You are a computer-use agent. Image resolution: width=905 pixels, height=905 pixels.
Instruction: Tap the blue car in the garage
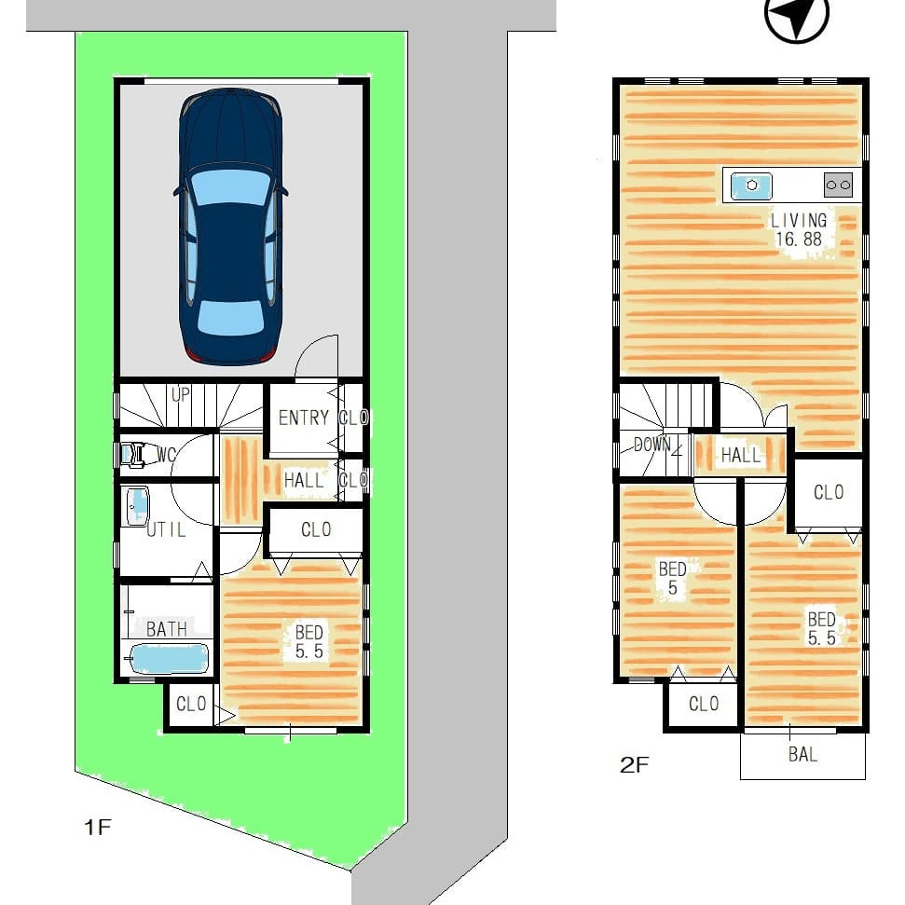pyautogui.click(x=231, y=226)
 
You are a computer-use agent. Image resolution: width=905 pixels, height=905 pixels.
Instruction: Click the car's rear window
pyautogui.click(x=230, y=318)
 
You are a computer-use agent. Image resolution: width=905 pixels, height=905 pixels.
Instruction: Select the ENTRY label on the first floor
pyautogui.click(x=304, y=418)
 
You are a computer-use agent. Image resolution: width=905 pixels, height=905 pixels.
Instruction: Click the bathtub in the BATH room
pyautogui.click(x=169, y=659)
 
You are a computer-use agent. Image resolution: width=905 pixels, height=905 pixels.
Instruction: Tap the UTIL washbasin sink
pyautogui.click(x=137, y=506)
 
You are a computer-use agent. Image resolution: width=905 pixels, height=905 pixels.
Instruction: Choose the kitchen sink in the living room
pyautogui.click(x=751, y=185)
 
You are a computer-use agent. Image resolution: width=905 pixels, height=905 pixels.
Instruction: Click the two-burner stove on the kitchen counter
pyautogui.click(x=838, y=185)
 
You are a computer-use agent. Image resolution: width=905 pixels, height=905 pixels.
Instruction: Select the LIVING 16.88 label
pyautogui.click(x=799, y=229)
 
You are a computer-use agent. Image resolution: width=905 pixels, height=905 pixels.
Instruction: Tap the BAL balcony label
pyautogui.click(x=802, y=754)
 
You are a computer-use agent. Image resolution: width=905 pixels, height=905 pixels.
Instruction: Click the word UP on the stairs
pyautogui.click(x=180, y=395)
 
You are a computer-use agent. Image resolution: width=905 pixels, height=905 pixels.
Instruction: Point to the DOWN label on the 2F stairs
pyautogui.click(x=652, y=444)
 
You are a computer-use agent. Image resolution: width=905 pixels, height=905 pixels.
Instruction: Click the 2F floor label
pyautogui.click(x=634, y=765)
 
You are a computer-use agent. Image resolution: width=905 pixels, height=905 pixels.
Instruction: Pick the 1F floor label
pyautogui.click(x=97, y=827)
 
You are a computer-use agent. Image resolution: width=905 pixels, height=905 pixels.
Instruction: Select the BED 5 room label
pyautogui.click(x=673, y=578)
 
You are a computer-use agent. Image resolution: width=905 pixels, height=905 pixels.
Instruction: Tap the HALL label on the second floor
pyautogui.click(x=741, y=456)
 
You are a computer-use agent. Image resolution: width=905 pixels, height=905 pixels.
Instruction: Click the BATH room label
pyautogui.click(x=166, y=628)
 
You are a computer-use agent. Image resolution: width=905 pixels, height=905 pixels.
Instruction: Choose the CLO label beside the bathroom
pyautogui.click(x=191, y=704)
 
